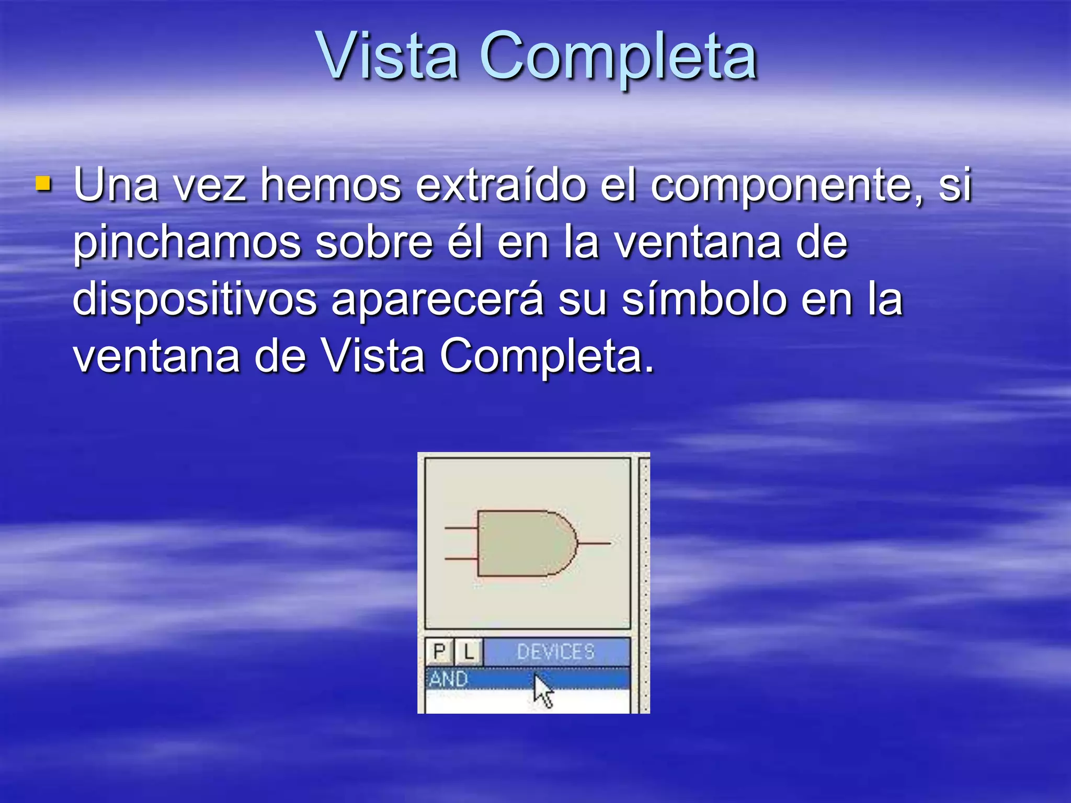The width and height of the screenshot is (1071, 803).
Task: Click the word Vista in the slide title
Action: tap(388, 56)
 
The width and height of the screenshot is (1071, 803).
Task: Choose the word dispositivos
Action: tap(195, 300)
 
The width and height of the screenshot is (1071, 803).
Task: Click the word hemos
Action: tap(331, 185)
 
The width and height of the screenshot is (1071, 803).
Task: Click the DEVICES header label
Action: tap(556, 652)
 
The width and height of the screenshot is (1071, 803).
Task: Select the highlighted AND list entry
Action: tap(449, 679)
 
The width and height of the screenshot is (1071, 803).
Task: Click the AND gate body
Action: tap(523, 543)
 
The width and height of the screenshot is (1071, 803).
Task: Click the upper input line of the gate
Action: tap(461, 528)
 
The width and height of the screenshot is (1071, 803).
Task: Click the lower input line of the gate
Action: tap(461, 558)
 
